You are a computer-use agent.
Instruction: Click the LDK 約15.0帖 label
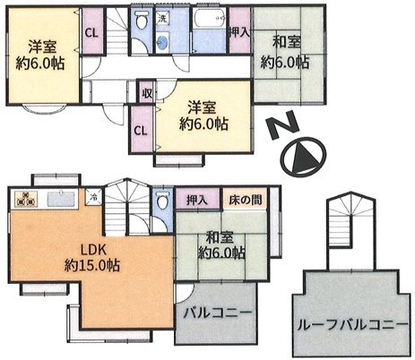point(92,257)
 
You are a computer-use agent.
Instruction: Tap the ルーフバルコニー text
point(352,324)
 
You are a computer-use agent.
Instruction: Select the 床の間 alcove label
point(245,200)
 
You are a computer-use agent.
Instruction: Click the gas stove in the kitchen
point(25,199)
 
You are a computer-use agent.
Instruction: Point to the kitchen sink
point(61,199)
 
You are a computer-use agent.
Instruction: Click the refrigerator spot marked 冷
point(93,197)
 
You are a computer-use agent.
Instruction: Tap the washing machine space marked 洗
point(162,19)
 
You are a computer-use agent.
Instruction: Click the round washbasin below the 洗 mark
point(162,43)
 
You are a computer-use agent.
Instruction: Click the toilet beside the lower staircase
point(162,200)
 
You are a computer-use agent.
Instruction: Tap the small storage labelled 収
point(147,94)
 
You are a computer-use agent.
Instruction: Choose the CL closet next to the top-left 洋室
point(92,31)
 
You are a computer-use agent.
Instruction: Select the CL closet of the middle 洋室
point(142,130)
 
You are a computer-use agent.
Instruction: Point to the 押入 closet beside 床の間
point(197,199)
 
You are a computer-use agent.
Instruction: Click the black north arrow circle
point(304,157)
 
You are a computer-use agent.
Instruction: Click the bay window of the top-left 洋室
point(45,108)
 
